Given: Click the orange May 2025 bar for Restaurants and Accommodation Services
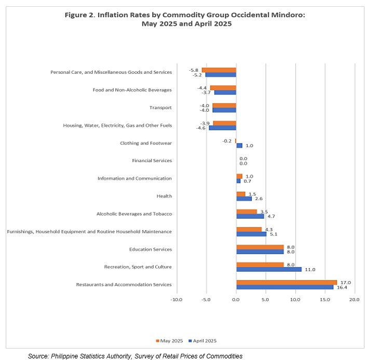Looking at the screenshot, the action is [287, 283].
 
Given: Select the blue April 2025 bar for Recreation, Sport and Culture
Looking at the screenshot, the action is [269, 270].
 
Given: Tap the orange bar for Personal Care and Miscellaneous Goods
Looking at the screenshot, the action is [219, 70].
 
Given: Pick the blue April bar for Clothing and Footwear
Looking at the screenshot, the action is [239, 145].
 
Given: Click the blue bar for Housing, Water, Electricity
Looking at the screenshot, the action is [222, 128].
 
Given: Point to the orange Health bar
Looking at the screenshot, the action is [241, 194].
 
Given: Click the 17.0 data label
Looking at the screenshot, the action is [345, 283].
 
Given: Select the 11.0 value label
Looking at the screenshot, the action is [310, 270].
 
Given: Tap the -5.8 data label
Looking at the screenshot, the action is [194, 70].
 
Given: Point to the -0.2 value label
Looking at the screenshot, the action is [227, 141].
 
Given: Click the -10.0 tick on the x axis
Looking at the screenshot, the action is [177, 299].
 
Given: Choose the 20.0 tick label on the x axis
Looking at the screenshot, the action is [354, 299].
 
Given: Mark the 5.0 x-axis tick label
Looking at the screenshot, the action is [265, 299].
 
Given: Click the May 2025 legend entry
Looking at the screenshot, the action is [169, 341].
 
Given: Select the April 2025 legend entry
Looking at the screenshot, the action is [202, 341].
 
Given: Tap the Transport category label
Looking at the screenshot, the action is [160, 108].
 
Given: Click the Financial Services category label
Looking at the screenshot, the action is [152, 161].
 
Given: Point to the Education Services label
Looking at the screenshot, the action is [151, 249].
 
